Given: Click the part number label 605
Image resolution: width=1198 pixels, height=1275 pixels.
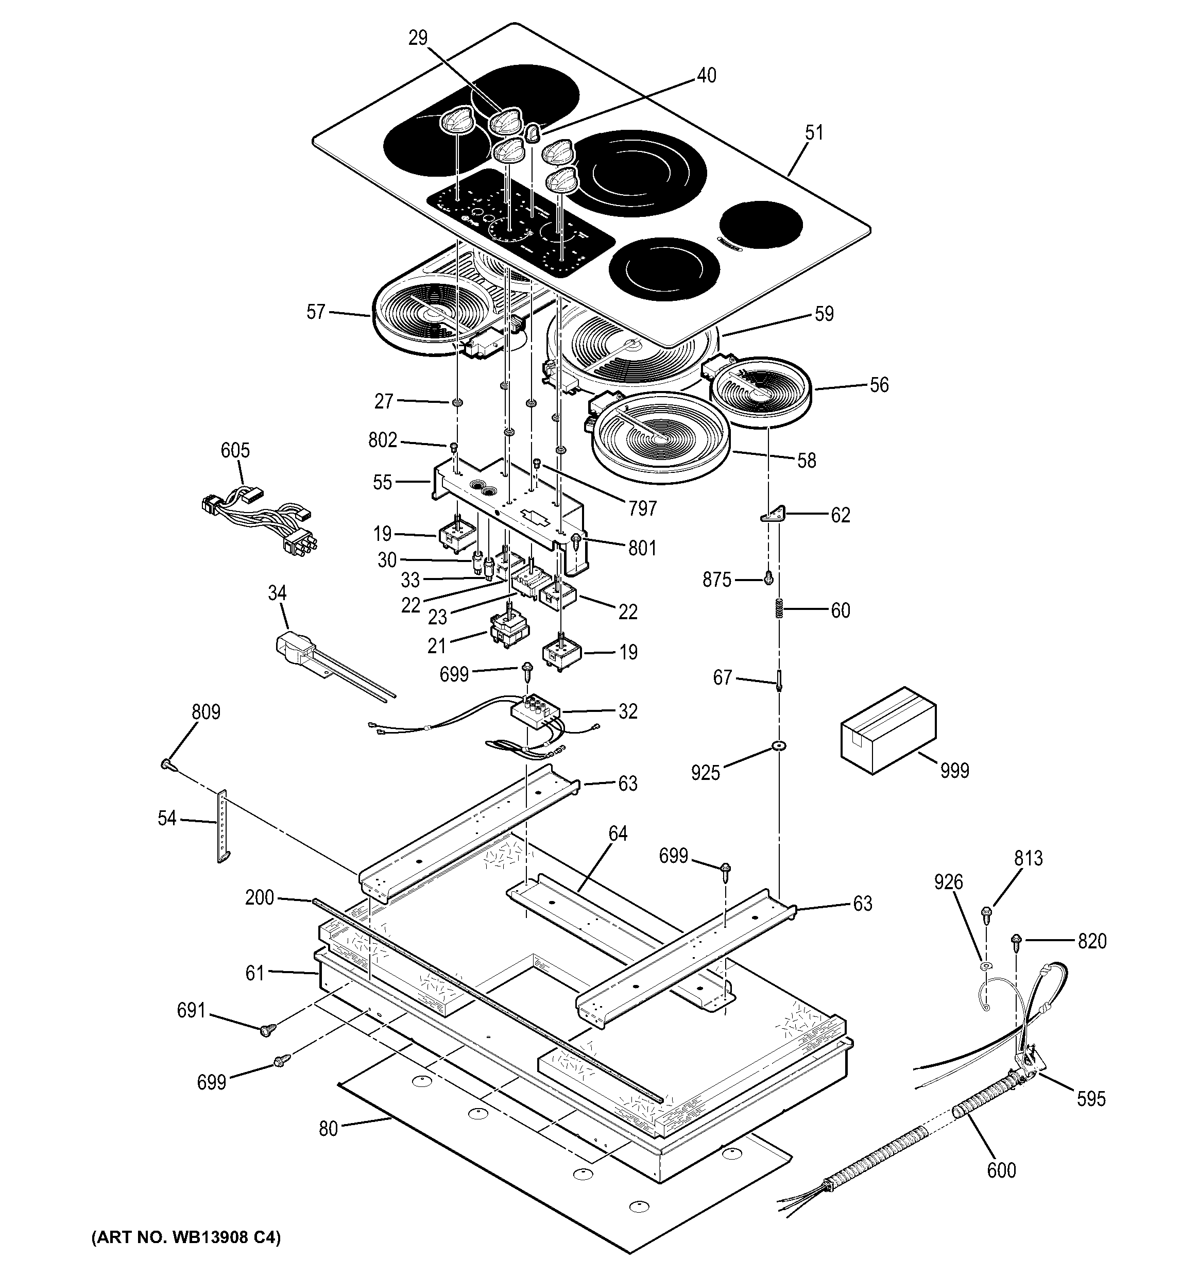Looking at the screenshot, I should coord(235,450).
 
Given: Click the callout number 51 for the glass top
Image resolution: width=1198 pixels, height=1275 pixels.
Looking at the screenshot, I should coord(814,133).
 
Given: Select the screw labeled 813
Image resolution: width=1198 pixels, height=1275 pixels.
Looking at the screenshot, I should coord(987,911).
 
